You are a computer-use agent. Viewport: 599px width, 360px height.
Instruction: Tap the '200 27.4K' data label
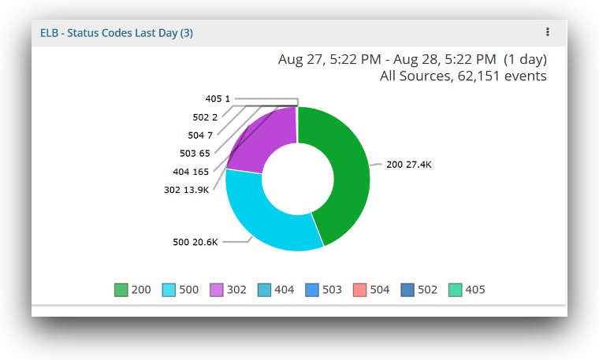(408, 165)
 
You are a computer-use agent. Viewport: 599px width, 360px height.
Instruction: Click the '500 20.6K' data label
(195, 242)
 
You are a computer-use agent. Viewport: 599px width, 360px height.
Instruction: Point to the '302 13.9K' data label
(187, 189)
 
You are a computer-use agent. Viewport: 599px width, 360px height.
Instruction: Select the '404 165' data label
(191, 171)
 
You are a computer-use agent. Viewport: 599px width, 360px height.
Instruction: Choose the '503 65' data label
(195, 153)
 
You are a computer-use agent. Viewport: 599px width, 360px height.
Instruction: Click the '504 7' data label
(200, 135)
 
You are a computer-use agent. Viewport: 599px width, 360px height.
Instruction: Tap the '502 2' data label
(205, 117)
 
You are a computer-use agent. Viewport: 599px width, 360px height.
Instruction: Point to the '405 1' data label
(218, 98)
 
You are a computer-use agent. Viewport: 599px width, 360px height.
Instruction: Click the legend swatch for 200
(121, 290)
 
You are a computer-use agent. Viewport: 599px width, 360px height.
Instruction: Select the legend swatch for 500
(169, 290)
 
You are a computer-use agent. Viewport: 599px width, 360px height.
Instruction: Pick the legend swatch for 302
(217, 290)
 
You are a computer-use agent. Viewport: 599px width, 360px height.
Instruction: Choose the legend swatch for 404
(264, 290)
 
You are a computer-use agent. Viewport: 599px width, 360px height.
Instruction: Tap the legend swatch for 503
(312, 290)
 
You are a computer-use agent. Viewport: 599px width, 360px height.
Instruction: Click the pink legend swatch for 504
(359, 290)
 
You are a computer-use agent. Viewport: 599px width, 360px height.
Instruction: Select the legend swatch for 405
(455, 290)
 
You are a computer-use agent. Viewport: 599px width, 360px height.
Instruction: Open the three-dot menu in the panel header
(548, 32)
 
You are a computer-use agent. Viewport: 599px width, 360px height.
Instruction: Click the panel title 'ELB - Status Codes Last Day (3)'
(117, 33)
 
